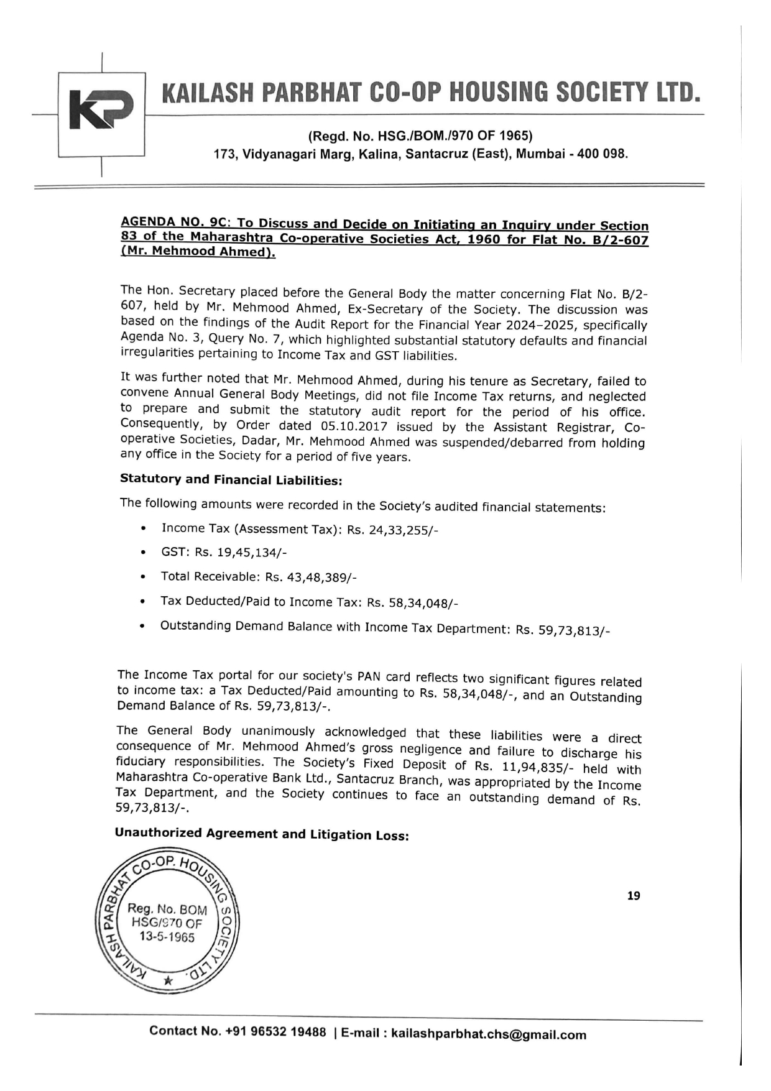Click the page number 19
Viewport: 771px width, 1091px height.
pos(634,896)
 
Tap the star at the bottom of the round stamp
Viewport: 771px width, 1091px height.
pos(167,981)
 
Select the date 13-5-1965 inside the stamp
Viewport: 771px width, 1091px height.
pos(167,937)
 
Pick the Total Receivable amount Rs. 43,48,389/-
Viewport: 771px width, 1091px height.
pos(311,578)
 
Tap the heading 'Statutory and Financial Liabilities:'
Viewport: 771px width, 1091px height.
pos(231,480)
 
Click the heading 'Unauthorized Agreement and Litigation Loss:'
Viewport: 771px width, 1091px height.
pos(262,834)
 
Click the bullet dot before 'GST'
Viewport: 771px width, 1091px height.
pos(144,553)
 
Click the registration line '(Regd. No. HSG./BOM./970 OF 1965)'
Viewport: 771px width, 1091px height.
pos(420,136)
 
